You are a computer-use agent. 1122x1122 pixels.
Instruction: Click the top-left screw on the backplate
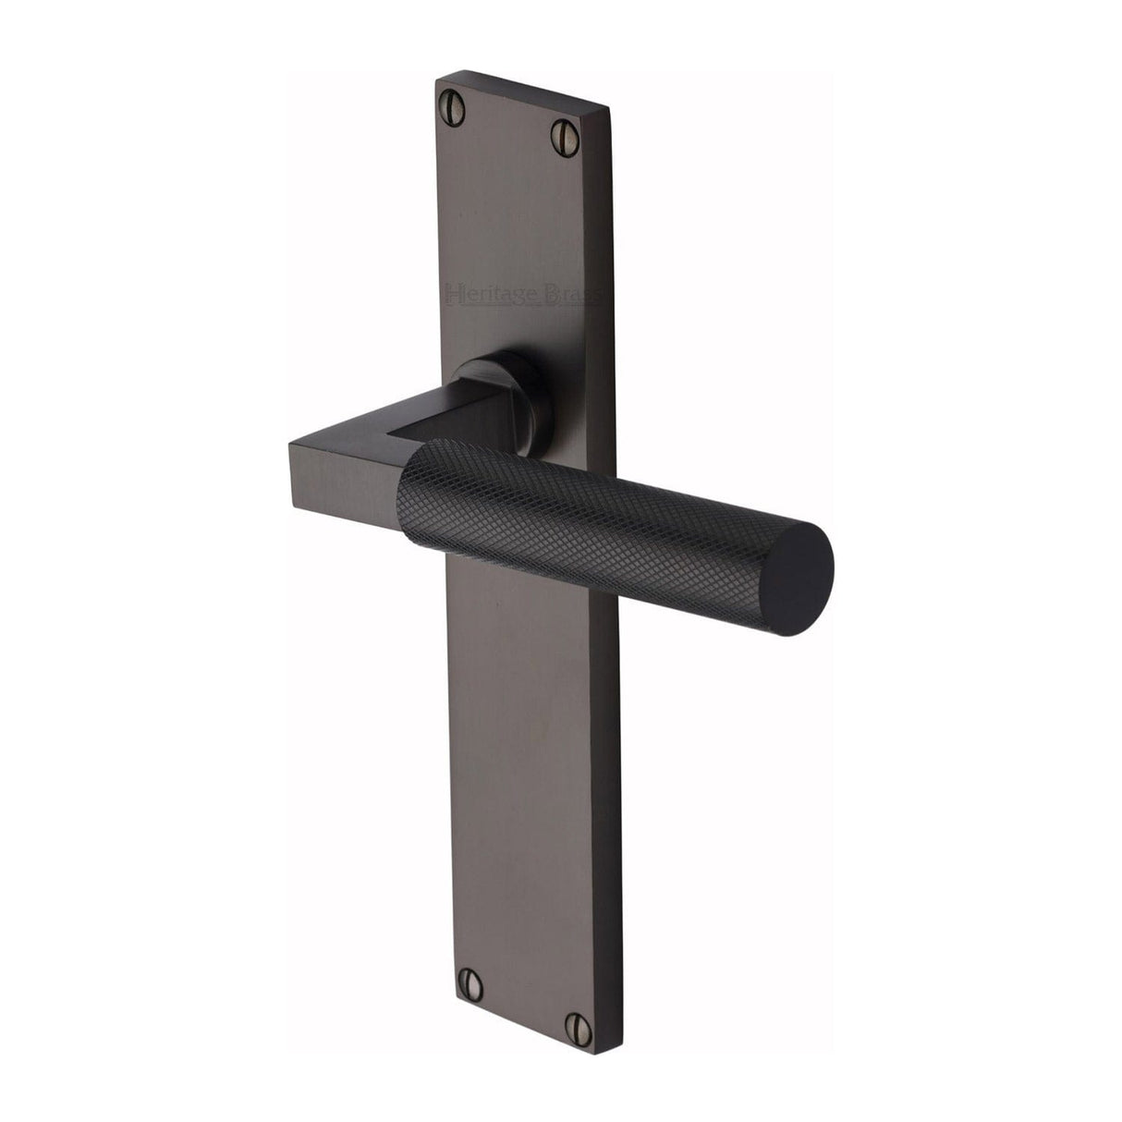[456, 96]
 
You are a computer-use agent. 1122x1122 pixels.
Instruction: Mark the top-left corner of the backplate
[436, 79]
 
